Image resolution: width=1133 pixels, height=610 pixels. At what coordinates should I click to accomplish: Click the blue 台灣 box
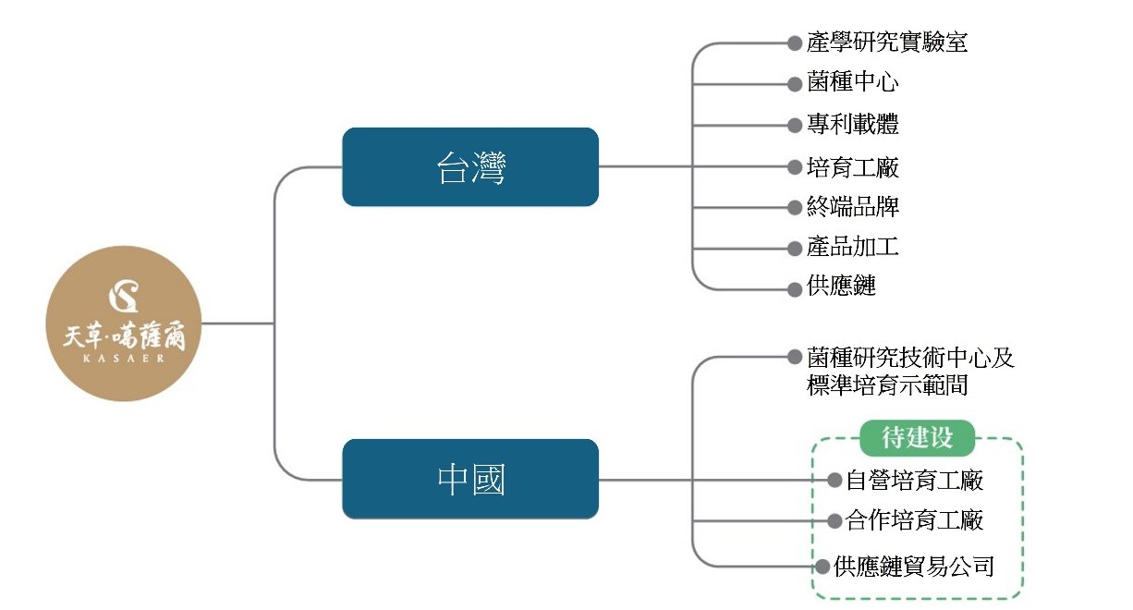point(470,167)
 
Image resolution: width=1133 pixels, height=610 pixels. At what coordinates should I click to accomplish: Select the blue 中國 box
point(470,480)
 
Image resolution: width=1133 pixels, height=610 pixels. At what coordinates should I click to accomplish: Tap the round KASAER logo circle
point(124,323)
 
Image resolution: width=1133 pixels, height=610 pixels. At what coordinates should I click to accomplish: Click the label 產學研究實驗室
point(887,42)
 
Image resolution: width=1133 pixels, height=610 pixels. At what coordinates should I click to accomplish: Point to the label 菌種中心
point(852,82)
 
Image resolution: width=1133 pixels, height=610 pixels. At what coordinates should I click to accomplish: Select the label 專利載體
point(852,124)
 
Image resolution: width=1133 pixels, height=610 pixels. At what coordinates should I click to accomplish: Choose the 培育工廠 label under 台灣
point(852,167)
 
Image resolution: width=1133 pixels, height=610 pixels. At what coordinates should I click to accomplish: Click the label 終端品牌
point(852,207)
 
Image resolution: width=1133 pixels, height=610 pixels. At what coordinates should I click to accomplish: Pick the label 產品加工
point(852,247)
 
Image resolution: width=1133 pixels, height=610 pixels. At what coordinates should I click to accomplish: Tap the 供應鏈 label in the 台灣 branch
point(841,287)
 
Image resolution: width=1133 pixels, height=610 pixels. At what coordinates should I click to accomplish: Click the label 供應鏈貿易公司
point(913,567)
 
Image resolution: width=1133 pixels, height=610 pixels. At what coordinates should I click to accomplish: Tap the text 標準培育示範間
point(887,386)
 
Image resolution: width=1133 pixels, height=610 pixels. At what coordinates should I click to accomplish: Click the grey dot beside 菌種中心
point(794,83)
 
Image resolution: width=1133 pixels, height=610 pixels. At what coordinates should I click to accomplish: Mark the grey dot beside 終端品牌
point(794,207)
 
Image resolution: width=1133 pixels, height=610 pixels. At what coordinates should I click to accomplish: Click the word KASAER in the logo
point(124,360)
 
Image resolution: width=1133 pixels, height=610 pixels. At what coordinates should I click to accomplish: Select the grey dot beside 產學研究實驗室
point(794,43)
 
